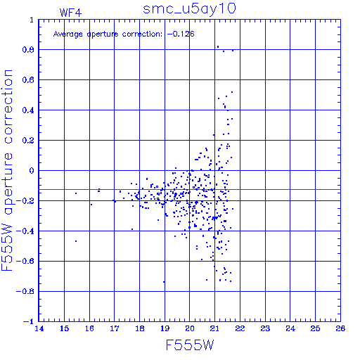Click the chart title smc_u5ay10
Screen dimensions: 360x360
(x=189, y=8)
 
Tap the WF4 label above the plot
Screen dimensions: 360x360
(x=70, y=13)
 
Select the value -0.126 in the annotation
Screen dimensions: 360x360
(x=181, y=34)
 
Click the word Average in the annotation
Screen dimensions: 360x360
(x=68, y=34)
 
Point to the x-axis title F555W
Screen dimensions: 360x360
(x=190, y=345)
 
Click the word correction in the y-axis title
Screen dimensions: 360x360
(x=8, y=107)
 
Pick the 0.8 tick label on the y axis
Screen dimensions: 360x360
(x=28, y=50)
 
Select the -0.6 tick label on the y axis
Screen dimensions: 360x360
(x=25, y=261)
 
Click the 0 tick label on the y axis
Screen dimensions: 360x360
(x=32, y=171)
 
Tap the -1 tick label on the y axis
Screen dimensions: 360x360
(x=29, y=321)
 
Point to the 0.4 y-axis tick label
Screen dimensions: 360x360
(x=28, y=110)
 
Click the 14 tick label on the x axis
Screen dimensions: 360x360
(x=39, y=328)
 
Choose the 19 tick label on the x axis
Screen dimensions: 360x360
(x=165, y=328)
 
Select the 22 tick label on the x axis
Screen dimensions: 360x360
(x=240, y=328)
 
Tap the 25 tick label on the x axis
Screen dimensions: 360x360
(x=315, y=328)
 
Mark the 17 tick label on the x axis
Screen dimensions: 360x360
(x=115, y=328)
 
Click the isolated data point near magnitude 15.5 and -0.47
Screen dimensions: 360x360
(x=76, y=241)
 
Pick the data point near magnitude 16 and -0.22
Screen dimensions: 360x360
(x=91, y=205)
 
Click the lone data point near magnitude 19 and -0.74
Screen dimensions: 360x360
(x=164, y=282)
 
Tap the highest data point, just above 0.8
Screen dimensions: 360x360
(x=218, y=46)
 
